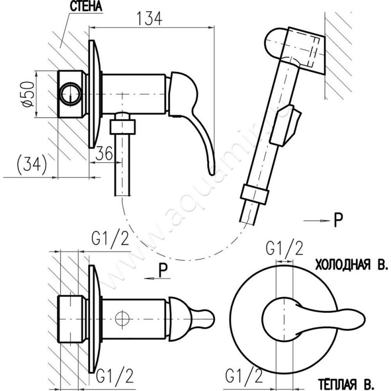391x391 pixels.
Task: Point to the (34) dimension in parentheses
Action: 31,164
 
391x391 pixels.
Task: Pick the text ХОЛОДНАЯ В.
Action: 351,265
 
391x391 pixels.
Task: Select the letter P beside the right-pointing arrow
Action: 338,221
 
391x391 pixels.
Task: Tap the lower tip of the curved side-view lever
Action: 211,170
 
